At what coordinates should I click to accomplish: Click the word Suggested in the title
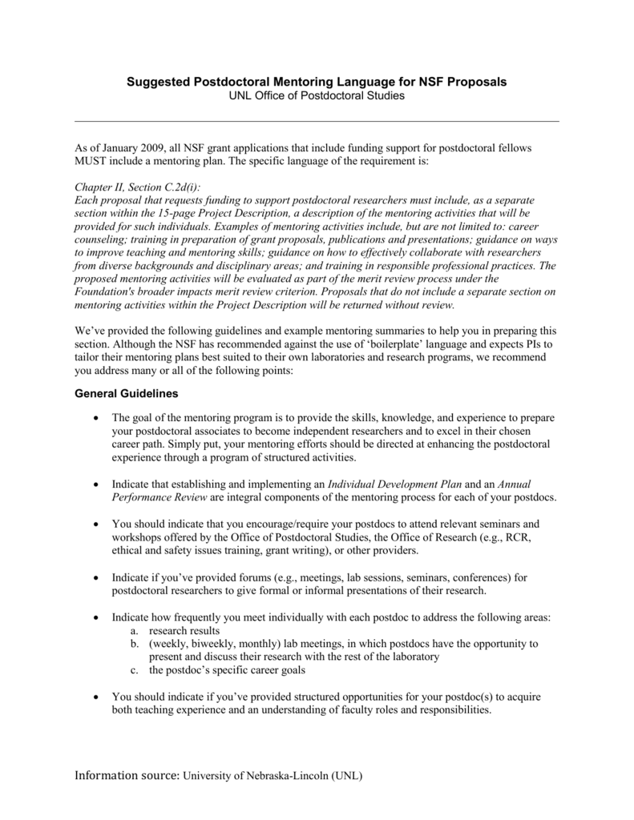click(153, 82)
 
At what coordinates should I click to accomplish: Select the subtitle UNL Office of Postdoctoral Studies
click(317, 96)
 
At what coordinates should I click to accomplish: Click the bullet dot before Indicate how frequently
click(96, 619)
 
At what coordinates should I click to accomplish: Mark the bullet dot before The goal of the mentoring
click(96, 418)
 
